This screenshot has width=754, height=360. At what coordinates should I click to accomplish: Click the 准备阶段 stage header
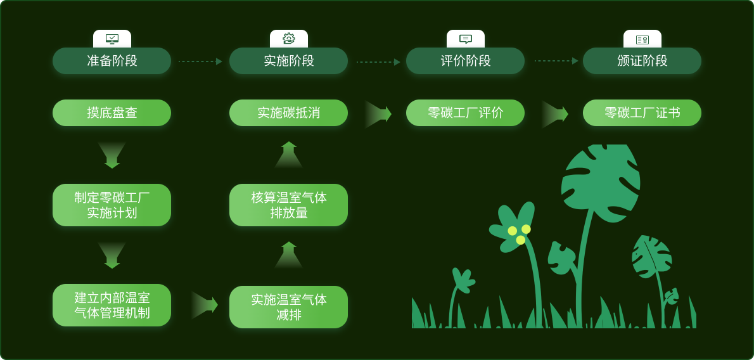112,61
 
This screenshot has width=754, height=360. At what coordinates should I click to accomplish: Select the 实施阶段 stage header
288,61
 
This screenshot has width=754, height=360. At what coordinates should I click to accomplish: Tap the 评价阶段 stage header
465,61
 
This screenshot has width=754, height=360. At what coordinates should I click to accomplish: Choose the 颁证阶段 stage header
642,61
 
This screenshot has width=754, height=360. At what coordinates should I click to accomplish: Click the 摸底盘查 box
112,113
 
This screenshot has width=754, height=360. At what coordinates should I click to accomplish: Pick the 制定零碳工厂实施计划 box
112,205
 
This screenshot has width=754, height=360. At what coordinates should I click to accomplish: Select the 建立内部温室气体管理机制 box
112,305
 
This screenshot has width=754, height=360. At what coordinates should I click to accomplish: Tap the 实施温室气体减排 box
288,307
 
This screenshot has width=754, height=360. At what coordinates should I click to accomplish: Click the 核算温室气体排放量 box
288,205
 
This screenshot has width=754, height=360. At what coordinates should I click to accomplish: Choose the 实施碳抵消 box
288,113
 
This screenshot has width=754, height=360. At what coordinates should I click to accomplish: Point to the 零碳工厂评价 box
465,113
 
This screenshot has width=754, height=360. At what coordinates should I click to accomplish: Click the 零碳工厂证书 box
642,113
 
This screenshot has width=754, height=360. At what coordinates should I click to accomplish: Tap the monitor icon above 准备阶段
112,39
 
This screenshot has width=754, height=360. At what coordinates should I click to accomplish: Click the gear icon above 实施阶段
289,39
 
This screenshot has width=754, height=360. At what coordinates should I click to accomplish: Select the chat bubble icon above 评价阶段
466,39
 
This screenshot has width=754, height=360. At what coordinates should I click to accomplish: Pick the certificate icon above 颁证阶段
642,39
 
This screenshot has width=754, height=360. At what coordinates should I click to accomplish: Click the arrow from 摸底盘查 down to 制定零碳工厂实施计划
112,155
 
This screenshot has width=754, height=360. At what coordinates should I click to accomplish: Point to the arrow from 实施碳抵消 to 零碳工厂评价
378,114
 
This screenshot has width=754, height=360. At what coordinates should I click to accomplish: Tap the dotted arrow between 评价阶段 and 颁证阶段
556,61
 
